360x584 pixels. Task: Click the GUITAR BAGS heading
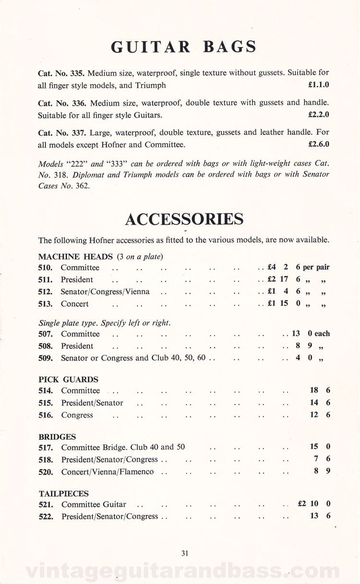tap(184, 47)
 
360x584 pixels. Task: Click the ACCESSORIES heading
tap(184, 219)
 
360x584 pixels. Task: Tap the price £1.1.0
tap(318, 85)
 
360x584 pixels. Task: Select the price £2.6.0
tap(318, 144)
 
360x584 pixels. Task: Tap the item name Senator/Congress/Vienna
tap(105, 292)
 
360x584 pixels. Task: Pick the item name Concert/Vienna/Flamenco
tap(108, 472)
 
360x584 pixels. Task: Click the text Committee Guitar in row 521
tap(94, 505)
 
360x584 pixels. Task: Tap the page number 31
tap(185, 553)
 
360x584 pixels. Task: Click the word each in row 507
tap(322, 334)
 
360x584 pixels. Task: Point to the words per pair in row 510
tap(316, 268)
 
